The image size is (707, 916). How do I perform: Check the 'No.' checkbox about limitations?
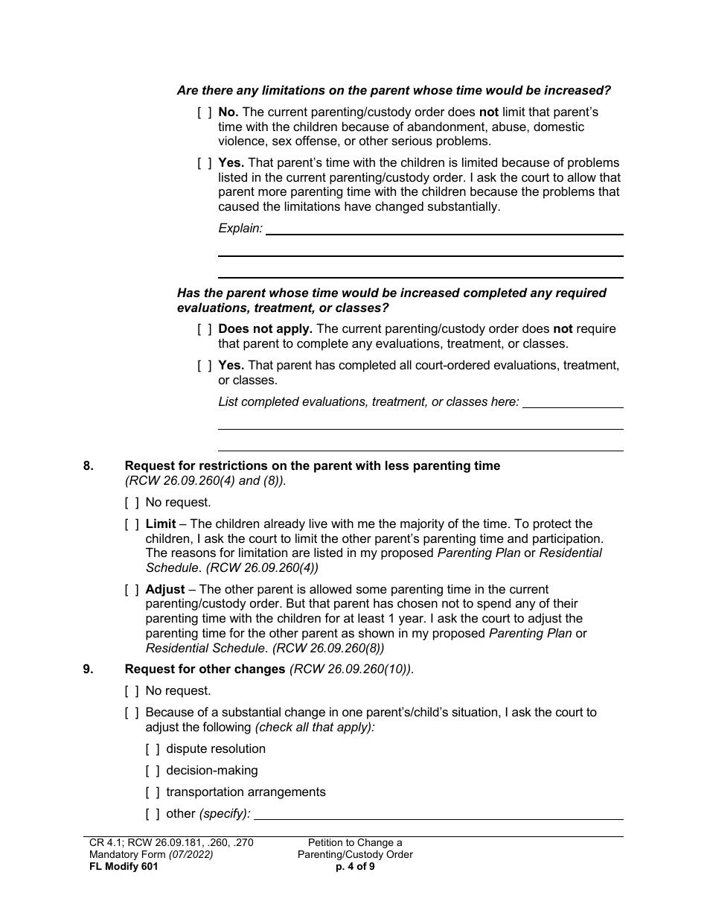(204, 112)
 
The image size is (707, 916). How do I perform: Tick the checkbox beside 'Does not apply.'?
(204, 329)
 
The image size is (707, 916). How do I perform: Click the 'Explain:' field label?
(240, 229)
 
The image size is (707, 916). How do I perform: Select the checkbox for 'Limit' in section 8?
(132, 524)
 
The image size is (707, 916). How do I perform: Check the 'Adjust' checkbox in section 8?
(132, 590)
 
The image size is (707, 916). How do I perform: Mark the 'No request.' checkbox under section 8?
(132, 503)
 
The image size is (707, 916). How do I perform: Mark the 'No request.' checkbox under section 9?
(132, 691)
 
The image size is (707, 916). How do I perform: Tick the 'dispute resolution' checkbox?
(153, 749)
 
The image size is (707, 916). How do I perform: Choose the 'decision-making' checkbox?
(153, 771)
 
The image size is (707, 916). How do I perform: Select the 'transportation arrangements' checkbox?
(153, 792)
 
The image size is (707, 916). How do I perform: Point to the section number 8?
(89, 466)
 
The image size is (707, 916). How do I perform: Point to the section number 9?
(89, 669)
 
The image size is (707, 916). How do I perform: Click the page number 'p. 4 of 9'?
(355, 867)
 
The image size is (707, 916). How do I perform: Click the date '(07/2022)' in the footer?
(189, 855)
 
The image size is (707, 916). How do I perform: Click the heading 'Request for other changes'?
(205, 669)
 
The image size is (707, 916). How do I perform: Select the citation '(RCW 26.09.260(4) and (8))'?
(205, 480)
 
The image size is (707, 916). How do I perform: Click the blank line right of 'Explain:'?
(444, 229)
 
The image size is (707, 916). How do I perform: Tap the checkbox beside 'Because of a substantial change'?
(132, 713)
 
